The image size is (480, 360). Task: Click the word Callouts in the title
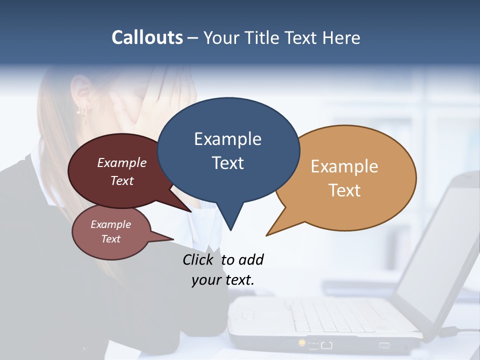tap(147, 37)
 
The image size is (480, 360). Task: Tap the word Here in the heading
tap(341, 38)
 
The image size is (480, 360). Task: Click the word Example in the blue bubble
tap(227, 139)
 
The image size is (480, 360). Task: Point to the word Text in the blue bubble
tap(227, 163)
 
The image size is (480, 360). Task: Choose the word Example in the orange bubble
tap(344, 166)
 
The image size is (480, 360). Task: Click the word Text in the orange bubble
tap(344, 190)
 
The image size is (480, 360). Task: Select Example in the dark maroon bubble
tap(121, 163)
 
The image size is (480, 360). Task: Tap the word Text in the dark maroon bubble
tap(121, 180)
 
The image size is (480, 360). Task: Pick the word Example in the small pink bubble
tap(110, 224)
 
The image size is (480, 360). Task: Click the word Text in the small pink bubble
tap(110, 239)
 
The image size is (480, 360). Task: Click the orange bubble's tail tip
tap(267, 234)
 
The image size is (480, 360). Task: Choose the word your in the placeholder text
tap(206, 280)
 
